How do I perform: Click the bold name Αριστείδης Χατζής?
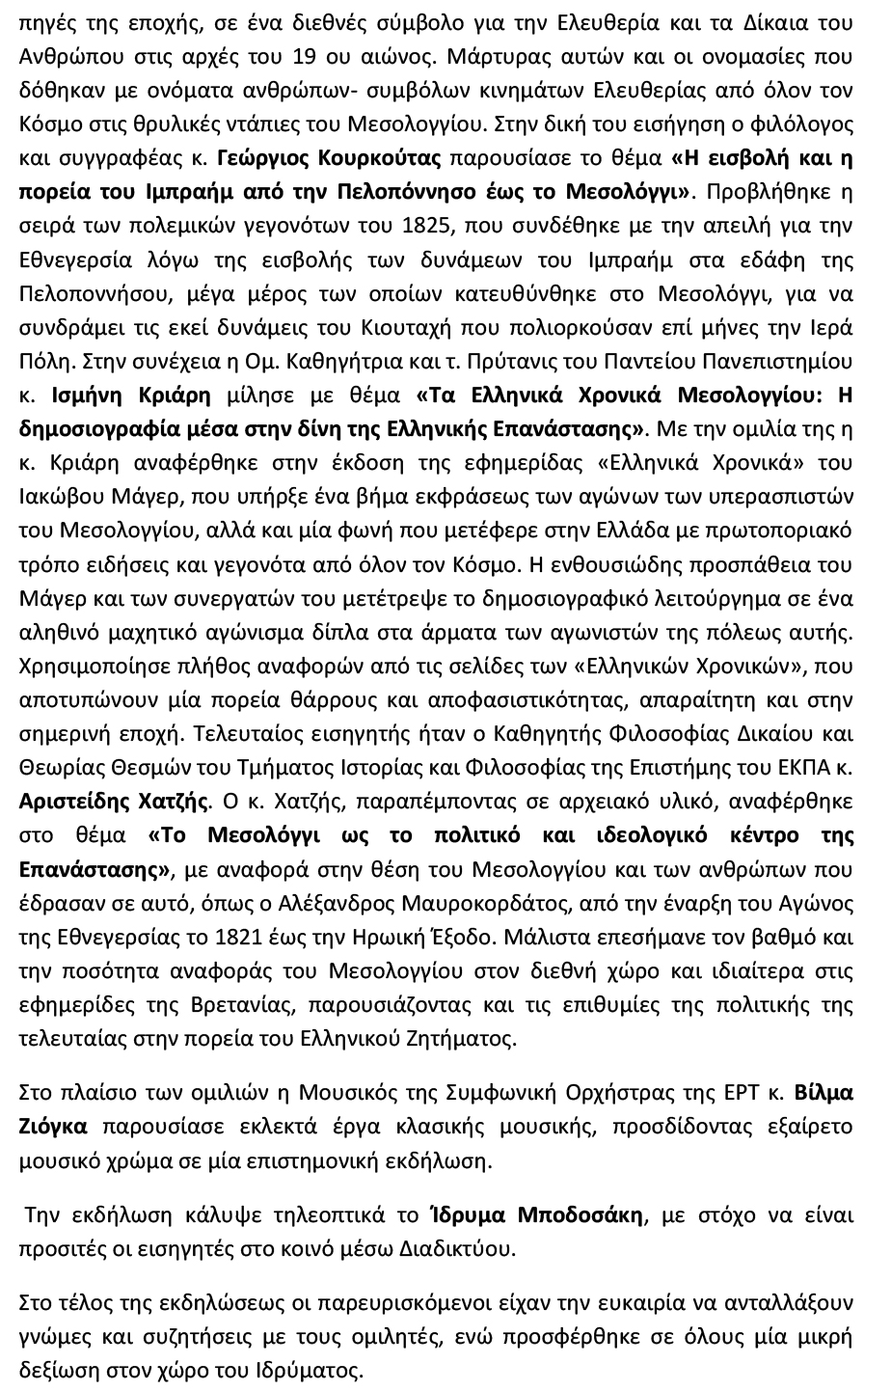click(114, 801)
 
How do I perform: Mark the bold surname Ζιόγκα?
click(53, 1125)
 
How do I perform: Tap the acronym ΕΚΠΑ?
click(810, 768)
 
